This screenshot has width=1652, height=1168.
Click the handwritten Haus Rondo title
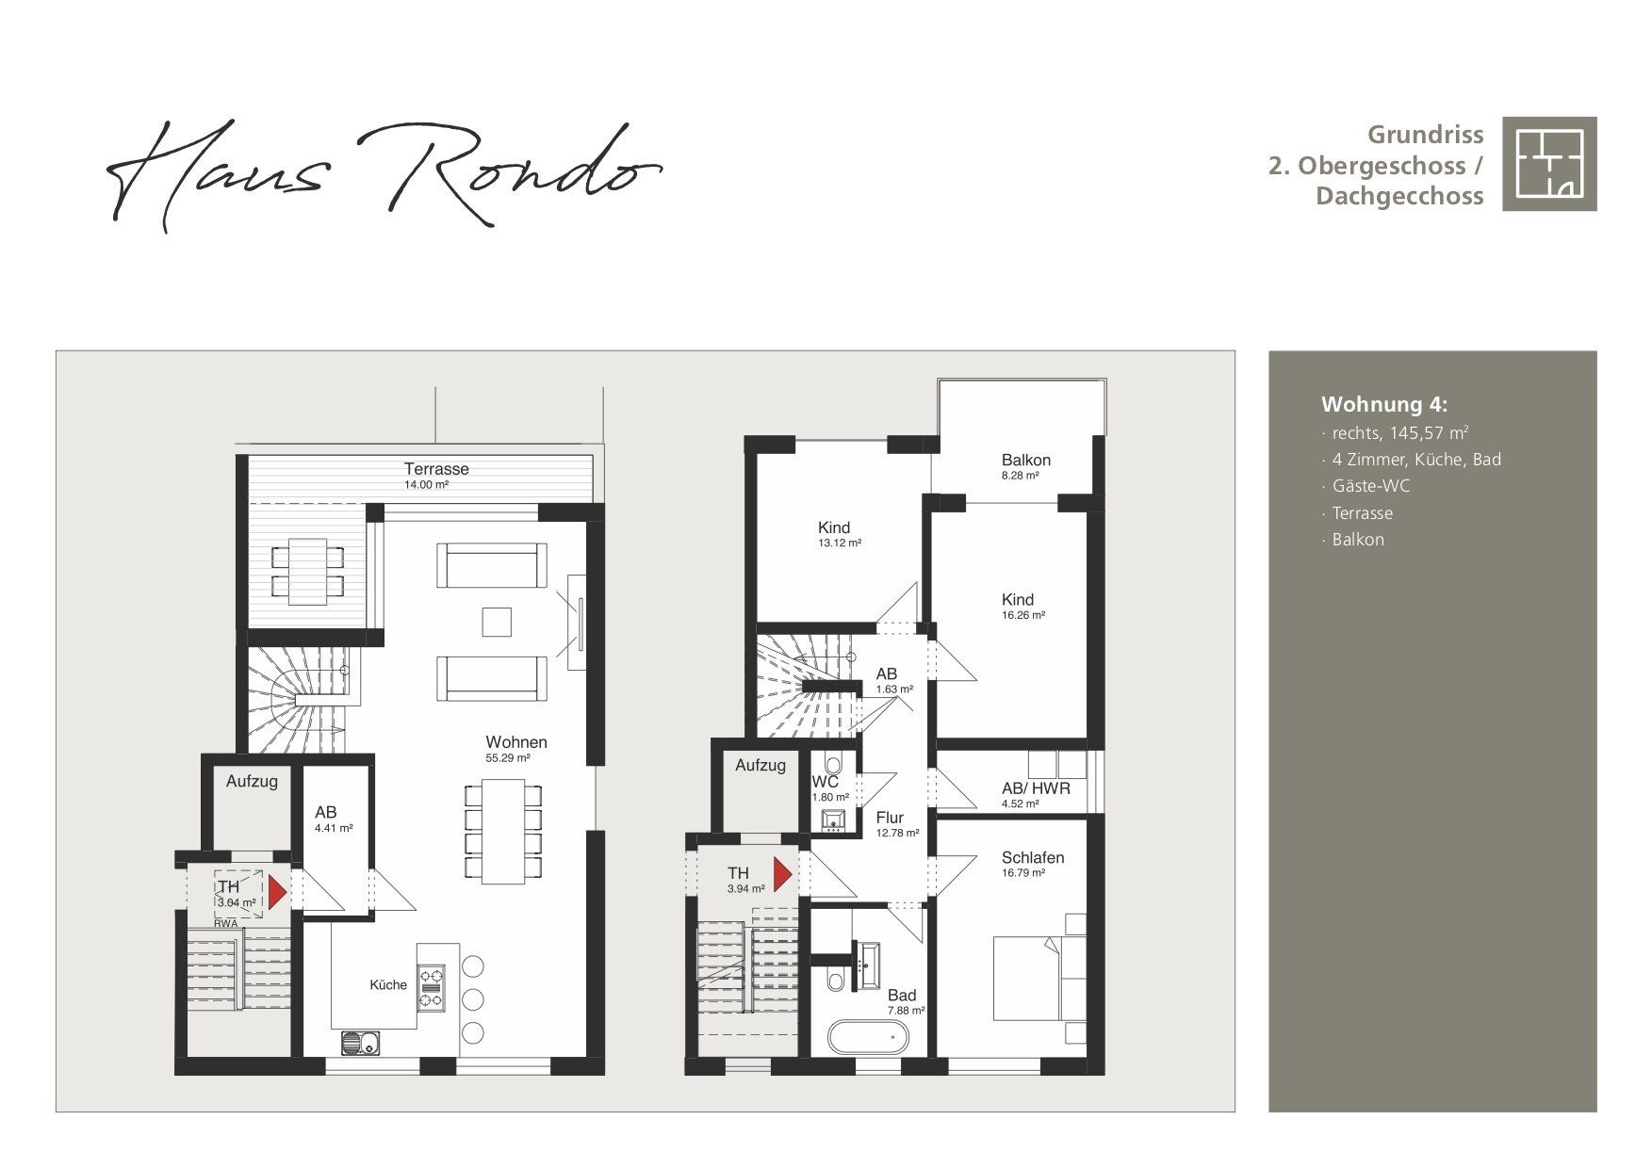coord(384,175)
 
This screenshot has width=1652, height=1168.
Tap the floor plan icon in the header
coord(1549,164)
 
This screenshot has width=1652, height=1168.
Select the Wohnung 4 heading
coord(1384,405)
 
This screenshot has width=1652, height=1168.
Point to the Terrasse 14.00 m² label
coord(436,475)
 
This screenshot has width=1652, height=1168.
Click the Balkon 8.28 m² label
coord(1025,466)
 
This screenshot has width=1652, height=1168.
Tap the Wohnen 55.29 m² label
coord(515,749)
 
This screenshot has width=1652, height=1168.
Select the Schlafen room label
coord(1033,857)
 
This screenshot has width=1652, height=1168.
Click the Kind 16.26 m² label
coord(1022,606)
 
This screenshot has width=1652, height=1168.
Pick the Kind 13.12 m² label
coord(839,534)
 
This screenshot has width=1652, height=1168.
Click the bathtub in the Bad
coord(868,1038)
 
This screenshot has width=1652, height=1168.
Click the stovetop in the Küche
coord(431,988)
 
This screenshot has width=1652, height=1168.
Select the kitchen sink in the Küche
coord(360,1043)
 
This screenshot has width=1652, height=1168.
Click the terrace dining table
coord(307,572)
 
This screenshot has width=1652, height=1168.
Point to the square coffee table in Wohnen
coord(497,623)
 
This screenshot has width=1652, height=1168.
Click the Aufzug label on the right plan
coord(760,765)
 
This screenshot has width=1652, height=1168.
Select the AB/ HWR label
coord(1036,788)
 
